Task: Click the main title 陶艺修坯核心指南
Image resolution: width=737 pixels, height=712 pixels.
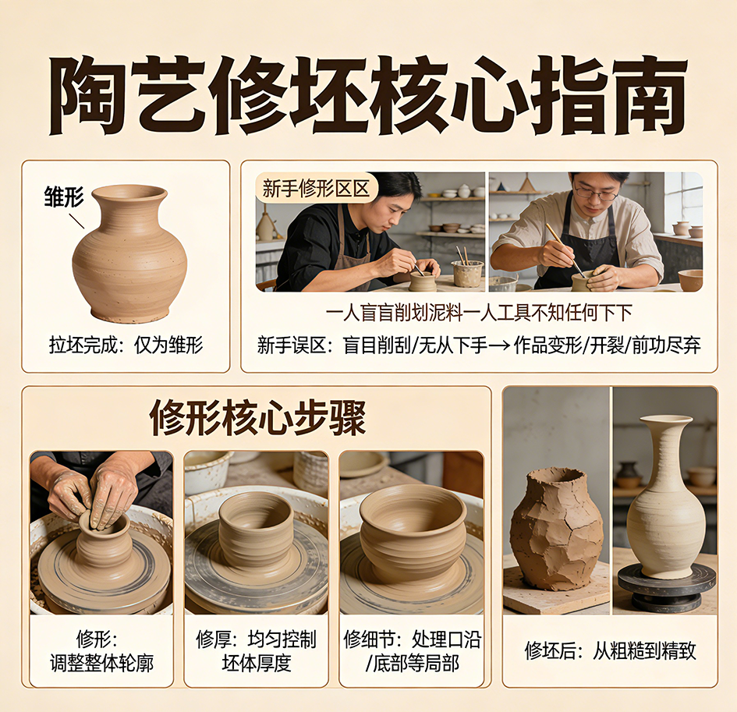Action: (x=368, y=94)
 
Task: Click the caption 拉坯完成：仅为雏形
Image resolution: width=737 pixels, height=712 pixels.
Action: (x=126, y=345)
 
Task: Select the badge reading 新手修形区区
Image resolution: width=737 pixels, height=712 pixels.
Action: (x=316, y=188)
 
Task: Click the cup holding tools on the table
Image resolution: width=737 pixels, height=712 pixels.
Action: (x=467, y=273)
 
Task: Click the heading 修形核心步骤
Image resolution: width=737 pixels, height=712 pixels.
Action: (x=257, y=419)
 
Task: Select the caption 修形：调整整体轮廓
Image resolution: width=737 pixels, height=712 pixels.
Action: (x=102, y=652)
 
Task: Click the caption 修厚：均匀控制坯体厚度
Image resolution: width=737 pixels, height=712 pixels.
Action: (x=256, y=652)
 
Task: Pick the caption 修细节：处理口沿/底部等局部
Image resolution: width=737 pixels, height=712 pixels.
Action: (x=412, y=652)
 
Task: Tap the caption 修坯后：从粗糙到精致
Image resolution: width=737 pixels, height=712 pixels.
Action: (x=610, y=650)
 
